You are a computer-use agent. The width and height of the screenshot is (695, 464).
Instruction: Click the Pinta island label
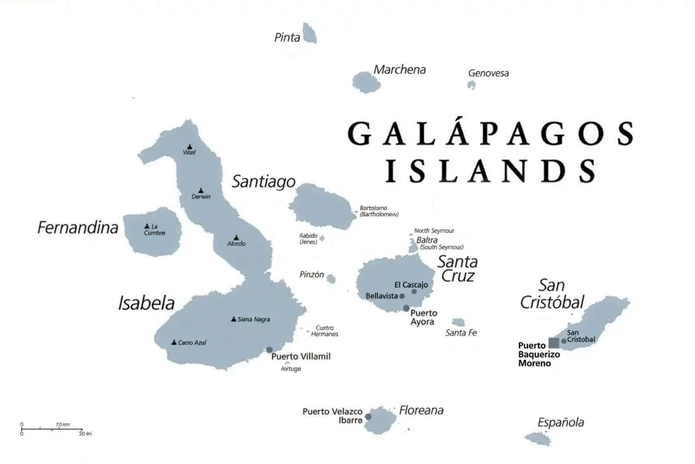point(287,37)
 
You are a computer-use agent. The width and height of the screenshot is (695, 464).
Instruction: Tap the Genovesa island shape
point(471,85)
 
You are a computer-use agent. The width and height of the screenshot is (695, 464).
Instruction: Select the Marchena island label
point(400,70)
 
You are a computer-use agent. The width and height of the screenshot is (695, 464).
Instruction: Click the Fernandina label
point(78,228)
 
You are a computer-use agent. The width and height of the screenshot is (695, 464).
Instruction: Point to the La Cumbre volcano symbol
point(147,226)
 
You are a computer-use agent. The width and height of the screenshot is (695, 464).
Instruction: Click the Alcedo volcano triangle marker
point(236,238)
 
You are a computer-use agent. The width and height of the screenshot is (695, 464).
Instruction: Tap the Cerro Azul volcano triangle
point(174,342)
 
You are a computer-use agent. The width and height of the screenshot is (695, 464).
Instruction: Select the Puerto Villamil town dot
point(269,350)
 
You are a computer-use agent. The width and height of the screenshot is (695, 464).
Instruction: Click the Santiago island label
point(264,182)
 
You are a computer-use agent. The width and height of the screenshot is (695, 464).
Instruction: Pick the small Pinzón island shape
point(331,278)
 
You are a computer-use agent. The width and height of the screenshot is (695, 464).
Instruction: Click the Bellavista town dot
point(402,296)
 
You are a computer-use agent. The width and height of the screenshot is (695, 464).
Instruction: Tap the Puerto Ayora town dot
point(406,308)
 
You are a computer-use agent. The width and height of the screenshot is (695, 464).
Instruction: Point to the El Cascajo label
point(411,285)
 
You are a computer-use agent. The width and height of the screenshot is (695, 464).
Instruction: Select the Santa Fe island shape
point(458,322)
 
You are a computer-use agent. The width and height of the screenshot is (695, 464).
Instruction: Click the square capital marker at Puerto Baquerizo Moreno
point(554,343)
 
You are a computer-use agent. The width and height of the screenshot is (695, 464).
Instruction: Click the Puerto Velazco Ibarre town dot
point(368,417)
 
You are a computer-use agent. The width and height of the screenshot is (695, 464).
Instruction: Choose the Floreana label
point(421,410)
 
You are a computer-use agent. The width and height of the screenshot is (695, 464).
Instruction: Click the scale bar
point(51,429)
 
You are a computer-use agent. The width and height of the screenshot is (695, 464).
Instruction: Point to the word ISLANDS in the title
point(491,171)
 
